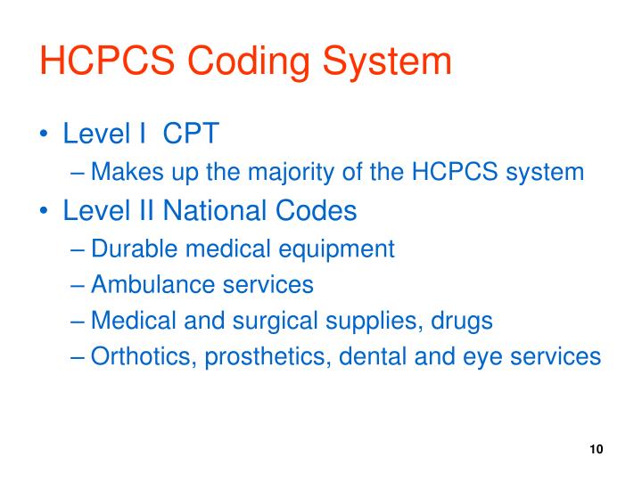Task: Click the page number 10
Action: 597,449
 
